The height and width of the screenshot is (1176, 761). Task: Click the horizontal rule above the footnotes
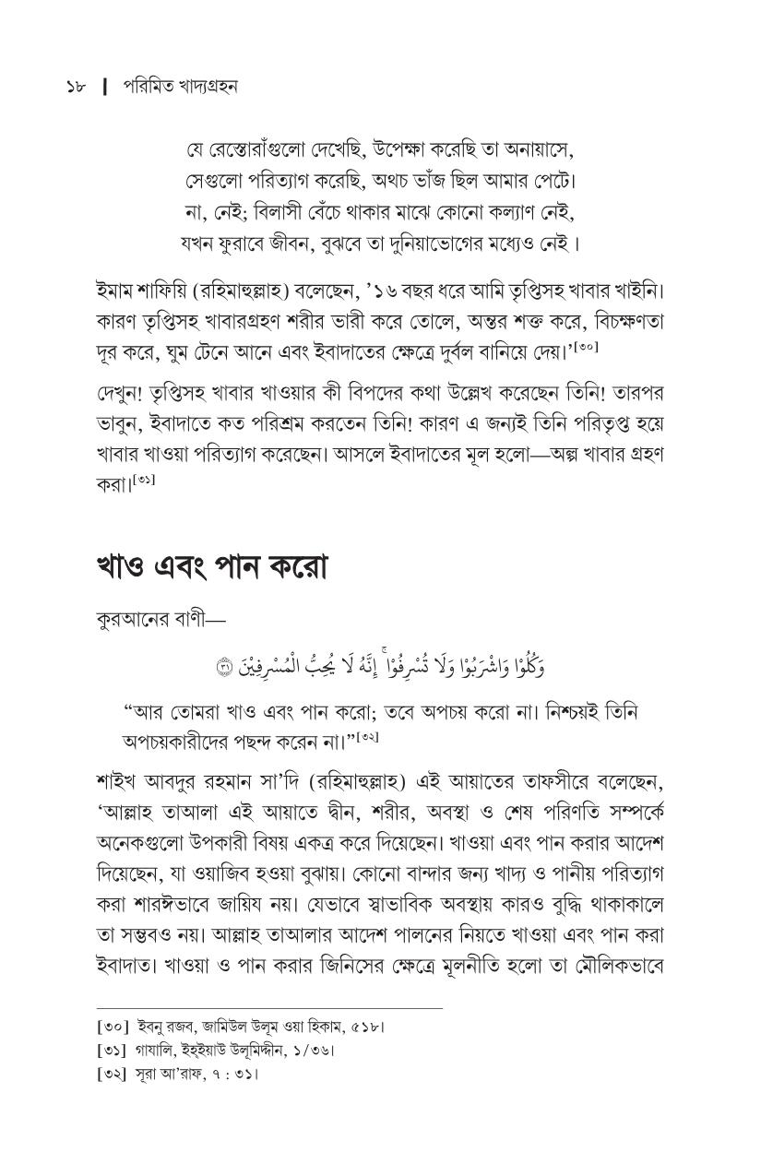[269, 1007]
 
